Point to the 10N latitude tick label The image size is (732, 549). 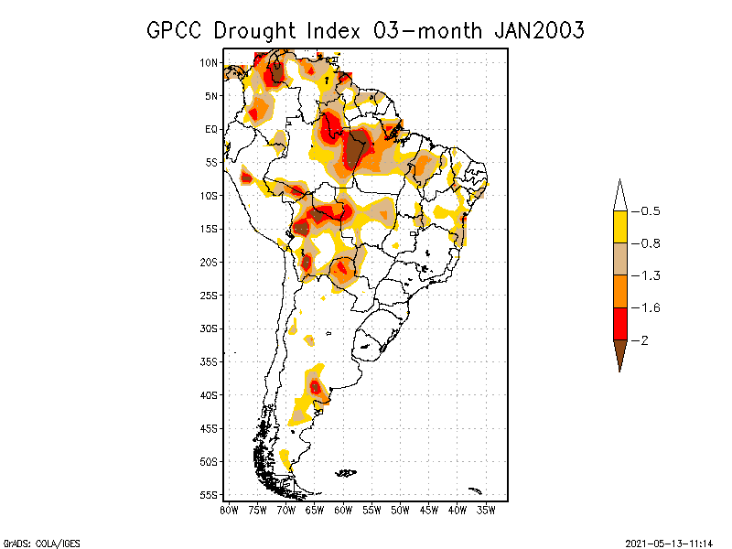coord(209,62)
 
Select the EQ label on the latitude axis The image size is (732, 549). coord(211,129)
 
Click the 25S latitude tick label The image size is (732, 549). coord(209,295)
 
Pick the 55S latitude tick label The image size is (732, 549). coord(209,494)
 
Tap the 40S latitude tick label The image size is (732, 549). coord(209,394)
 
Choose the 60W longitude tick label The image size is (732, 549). coord(343,510)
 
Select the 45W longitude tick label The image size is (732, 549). coord(428,510)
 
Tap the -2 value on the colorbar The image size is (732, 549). coord(643,340)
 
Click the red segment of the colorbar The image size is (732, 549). coord(619,324)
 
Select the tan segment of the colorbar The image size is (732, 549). coord(619,259)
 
